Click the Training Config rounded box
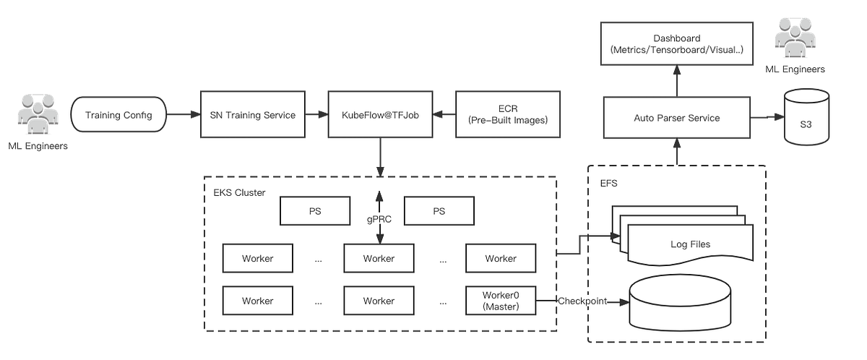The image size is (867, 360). pos(118,115)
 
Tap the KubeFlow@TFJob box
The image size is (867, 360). pos(379,115)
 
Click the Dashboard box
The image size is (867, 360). pos(677,43)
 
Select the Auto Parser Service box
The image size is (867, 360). pos(677,118)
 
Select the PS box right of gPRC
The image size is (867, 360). pos(439,212)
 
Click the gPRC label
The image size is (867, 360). pos(379,218)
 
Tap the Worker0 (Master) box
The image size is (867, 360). pos(501,301)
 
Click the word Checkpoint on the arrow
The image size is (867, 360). pos(582,301)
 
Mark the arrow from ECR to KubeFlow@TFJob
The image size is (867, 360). pos(442,115)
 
